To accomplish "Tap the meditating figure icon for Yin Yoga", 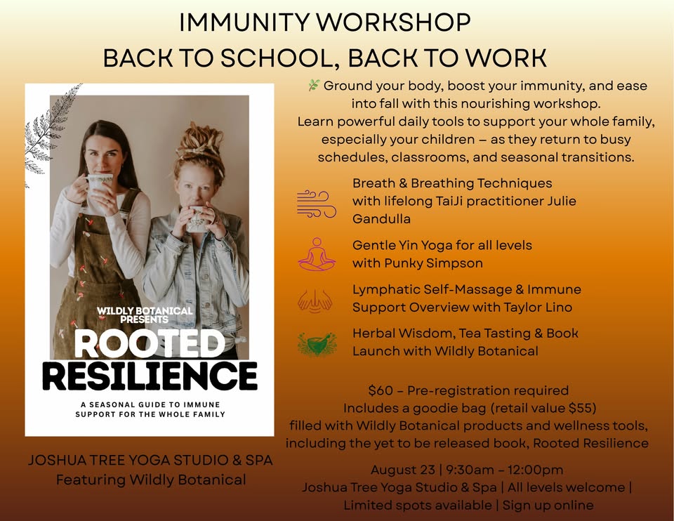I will click(x=316, y=253).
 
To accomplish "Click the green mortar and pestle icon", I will click(x=316, y=343).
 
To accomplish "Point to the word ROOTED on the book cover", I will click(x=150, y=345).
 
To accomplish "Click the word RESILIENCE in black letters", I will click(x=150, y=376).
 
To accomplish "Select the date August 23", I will click(x=398, y=470).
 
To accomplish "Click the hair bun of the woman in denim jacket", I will click(x=199, y=137).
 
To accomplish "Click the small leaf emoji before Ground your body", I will click(x=314, y=86).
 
